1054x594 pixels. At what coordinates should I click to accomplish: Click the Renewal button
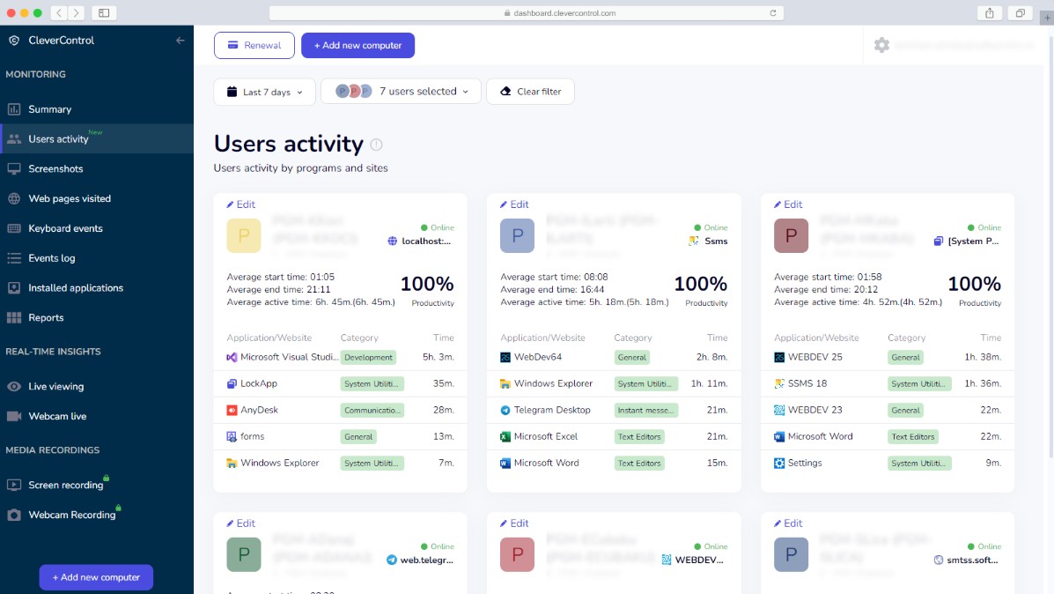(254, 46)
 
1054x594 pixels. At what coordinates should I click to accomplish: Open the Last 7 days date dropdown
(264, 92)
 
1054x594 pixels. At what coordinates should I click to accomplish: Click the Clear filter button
(530, 92)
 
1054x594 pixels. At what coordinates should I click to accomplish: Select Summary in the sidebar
(49, 109)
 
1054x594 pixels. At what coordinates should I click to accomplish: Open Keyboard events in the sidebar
(65, 228)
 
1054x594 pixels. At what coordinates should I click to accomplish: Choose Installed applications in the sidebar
(75, 288)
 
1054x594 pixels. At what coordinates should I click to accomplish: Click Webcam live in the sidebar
(57, 416)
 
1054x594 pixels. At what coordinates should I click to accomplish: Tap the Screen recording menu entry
(65, 485)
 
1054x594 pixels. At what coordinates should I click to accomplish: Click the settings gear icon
(881, 45)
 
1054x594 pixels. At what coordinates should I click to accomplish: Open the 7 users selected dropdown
(401, 92)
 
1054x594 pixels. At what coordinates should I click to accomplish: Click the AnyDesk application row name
(259, 410)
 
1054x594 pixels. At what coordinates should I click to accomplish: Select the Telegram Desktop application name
(552, 410)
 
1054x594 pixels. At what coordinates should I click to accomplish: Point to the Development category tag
(368, 358)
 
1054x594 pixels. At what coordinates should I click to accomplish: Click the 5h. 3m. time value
(438, 358)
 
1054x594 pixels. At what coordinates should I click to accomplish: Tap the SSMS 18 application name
(807, 383)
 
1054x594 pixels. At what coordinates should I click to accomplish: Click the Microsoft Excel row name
(546, 436)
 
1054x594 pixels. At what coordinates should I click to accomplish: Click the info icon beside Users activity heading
(377, 145)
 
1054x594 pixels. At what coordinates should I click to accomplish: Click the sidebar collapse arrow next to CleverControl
(181, 41)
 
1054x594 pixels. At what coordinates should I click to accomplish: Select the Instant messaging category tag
(646, 410)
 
